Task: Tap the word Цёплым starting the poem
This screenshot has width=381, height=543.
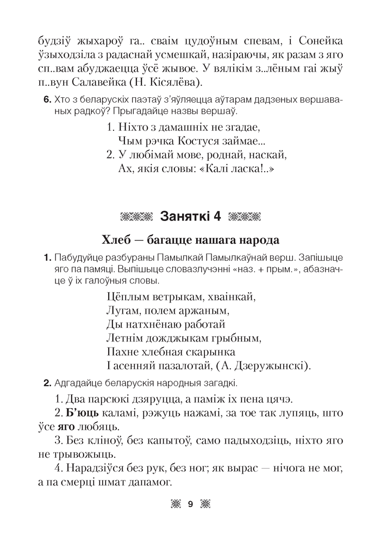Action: [x=124, y=297]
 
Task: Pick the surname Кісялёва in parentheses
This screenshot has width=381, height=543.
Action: [x=173, y=83]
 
